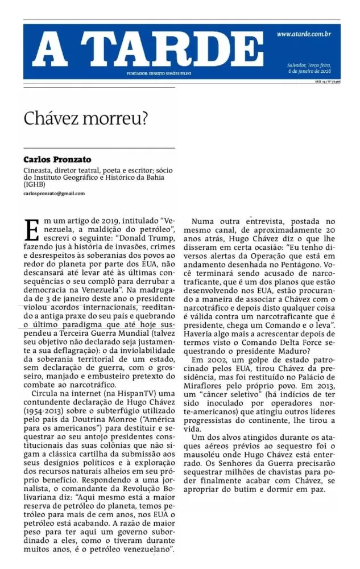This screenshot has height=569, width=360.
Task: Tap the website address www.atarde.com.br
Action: [x=304, y=34]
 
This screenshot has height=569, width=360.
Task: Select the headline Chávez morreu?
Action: [x=86, y=118]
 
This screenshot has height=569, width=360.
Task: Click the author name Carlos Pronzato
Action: [x=57, y=159]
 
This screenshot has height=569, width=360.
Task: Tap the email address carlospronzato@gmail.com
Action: [x=54, y=193]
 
